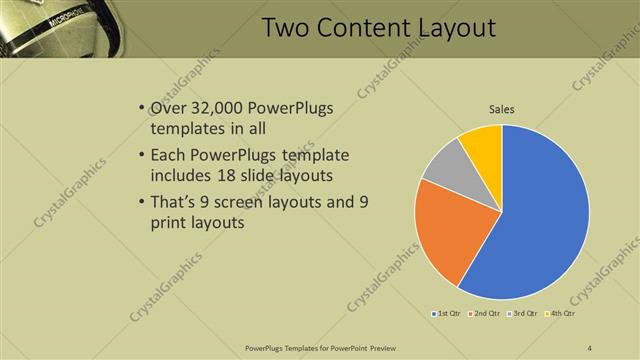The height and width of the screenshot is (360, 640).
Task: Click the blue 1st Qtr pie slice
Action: click(x=540, y=220)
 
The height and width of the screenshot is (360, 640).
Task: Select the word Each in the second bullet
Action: click(x=167, y=156)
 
